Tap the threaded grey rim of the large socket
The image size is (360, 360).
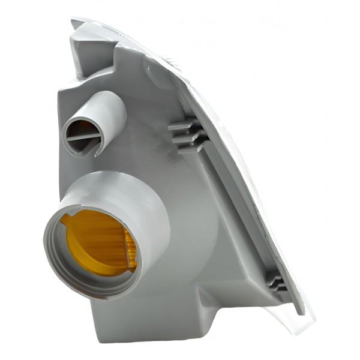pos(54,264)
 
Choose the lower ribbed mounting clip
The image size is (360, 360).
pos(276,282)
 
